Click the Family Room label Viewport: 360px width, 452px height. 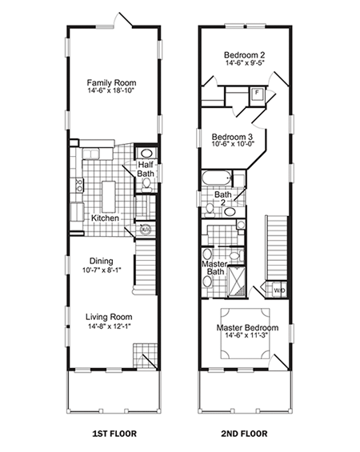111,82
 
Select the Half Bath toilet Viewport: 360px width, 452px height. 146,184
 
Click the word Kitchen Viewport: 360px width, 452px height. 105,218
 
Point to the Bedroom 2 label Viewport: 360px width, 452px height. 244,55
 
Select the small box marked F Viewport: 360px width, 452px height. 257,93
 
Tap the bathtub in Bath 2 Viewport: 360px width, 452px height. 216,178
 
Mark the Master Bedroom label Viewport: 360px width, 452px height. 246,329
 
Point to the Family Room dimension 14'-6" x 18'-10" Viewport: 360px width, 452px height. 111,93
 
